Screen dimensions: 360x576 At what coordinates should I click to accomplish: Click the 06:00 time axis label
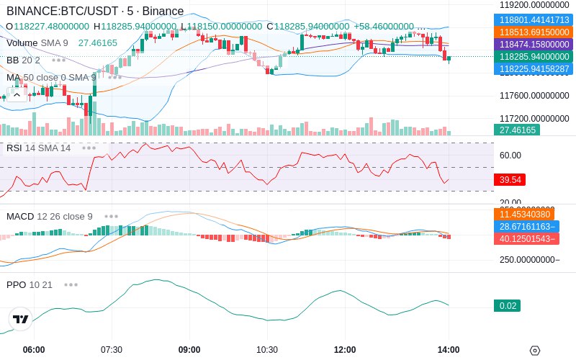click(x=34, y=349)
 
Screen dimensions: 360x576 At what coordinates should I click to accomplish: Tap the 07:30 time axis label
click(x=112, y=349)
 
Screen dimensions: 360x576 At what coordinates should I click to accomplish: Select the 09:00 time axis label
click(x=189, y=349)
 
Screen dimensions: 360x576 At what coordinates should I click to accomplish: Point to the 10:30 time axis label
click(x=267, y=349)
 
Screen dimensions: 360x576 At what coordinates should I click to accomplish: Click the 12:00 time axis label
click(x=345, y=349)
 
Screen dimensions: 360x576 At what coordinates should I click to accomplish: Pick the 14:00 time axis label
click(x=449, y=349)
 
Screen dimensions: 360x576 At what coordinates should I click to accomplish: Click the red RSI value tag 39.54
click(x=510, y=179)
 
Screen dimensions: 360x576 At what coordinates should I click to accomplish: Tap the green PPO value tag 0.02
click(x=507, y=306)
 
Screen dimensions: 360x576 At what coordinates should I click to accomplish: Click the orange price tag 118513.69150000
click(x=534, y=32)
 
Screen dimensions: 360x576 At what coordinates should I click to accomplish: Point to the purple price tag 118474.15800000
click(x=534, y=45)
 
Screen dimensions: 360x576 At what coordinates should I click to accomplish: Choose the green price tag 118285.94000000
click(x=534, y=57)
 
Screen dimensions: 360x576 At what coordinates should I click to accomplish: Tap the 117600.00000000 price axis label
click(x=534, y=95)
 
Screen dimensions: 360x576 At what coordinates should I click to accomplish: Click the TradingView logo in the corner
click(x=21, y=319)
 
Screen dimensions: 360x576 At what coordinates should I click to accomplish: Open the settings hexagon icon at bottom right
click(x=534, y=351)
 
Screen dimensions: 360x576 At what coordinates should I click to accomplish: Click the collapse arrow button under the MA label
click(x=17, y=94)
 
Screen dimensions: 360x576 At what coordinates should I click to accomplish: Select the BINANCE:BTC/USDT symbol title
click(x=65, y=12)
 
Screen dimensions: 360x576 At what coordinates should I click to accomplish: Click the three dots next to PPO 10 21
click(x=71, y=284)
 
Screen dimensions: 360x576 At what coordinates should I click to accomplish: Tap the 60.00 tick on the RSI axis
click(x=510, y=155)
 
